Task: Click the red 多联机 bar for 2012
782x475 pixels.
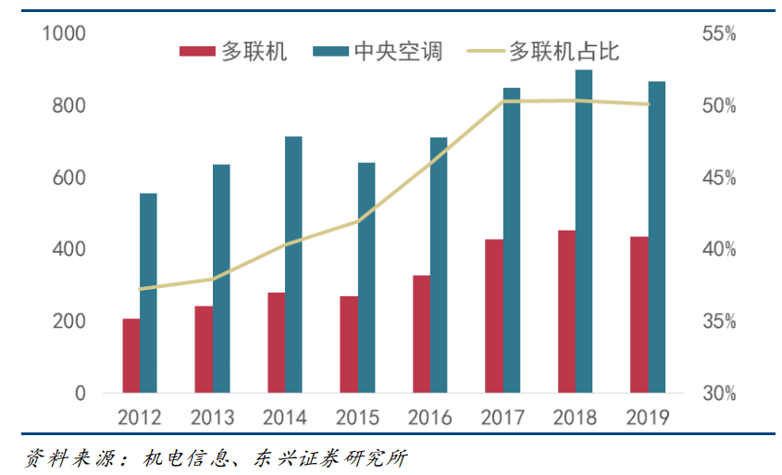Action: (131, 356)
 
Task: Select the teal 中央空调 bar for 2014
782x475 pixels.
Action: (293, 265)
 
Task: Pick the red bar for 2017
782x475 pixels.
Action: (494, 316)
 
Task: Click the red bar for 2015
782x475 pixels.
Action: (349, 344)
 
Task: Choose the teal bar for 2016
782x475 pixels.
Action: (439, 265)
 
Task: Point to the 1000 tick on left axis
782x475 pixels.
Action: (64, 34)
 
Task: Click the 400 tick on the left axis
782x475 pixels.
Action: (68, 250)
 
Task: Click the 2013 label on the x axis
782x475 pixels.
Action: (212, 418)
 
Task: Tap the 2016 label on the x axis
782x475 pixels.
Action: (429, 418)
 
